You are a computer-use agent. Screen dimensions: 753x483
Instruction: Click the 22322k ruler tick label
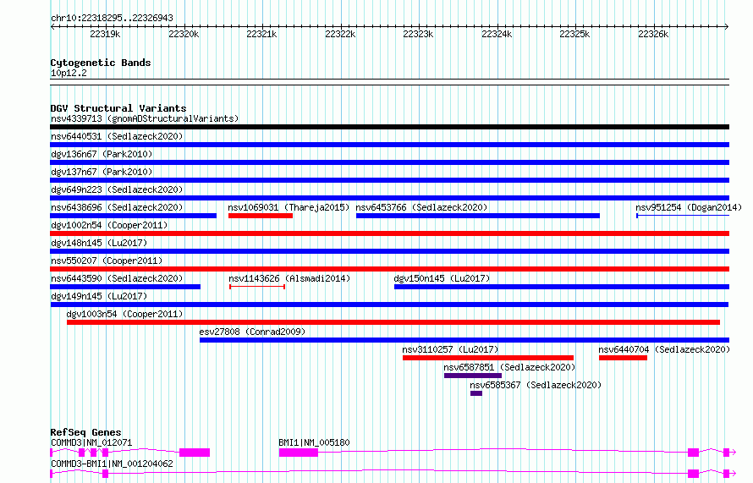coord(340,34)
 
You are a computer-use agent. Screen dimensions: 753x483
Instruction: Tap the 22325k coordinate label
coord(574,34)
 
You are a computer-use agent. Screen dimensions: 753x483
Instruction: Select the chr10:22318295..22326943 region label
coord(112,18)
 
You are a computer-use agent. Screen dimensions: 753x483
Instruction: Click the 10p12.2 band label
coord(69,73)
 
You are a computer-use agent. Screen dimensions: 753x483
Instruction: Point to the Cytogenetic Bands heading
coord(101,63)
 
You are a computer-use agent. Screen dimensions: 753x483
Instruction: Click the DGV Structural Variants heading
coord(118,108)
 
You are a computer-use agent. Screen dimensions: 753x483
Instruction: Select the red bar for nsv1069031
coord(261,216)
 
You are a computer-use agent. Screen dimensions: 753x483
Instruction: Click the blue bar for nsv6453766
coord(478,216)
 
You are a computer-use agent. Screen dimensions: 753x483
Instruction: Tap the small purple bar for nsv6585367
coord(476,393)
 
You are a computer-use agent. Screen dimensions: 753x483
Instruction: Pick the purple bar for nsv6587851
coord(473,376)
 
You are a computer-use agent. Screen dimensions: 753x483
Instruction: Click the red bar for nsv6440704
coord(623,358)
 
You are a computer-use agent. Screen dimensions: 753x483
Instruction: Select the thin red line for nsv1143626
coord(257,287)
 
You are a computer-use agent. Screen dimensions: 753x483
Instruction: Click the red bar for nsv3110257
coord(488,358)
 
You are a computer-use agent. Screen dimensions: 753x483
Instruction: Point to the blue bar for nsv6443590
coord(125,287)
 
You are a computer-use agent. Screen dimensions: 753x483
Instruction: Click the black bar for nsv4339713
coord(389,127)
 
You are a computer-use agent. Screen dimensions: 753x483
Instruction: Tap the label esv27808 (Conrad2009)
coord(252,332)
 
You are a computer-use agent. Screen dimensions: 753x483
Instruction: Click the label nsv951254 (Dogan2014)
coord(689,207)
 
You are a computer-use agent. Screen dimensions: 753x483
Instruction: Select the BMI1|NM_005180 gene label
coord(314,442)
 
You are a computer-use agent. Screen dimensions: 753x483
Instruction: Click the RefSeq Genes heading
coord(86,432)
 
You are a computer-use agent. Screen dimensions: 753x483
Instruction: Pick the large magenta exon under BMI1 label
coord(298,453)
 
